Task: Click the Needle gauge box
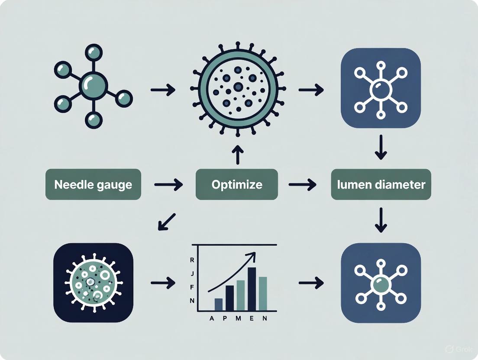(x=93, y=184)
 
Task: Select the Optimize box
(x=236, y=184)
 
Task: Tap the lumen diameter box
(x=381, y=184)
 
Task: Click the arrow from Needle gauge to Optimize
(x=168, y=185)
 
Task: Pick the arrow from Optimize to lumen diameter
(x=303, y=185)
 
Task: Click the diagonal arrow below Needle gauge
(x=167, y=221)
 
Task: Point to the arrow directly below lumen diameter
(x=381, y=219)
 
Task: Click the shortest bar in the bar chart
(x=219, y=304)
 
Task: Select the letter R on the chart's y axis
(x=192, y=260)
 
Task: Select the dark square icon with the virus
(x=93, y=283)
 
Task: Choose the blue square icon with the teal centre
(x=381, y=283)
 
